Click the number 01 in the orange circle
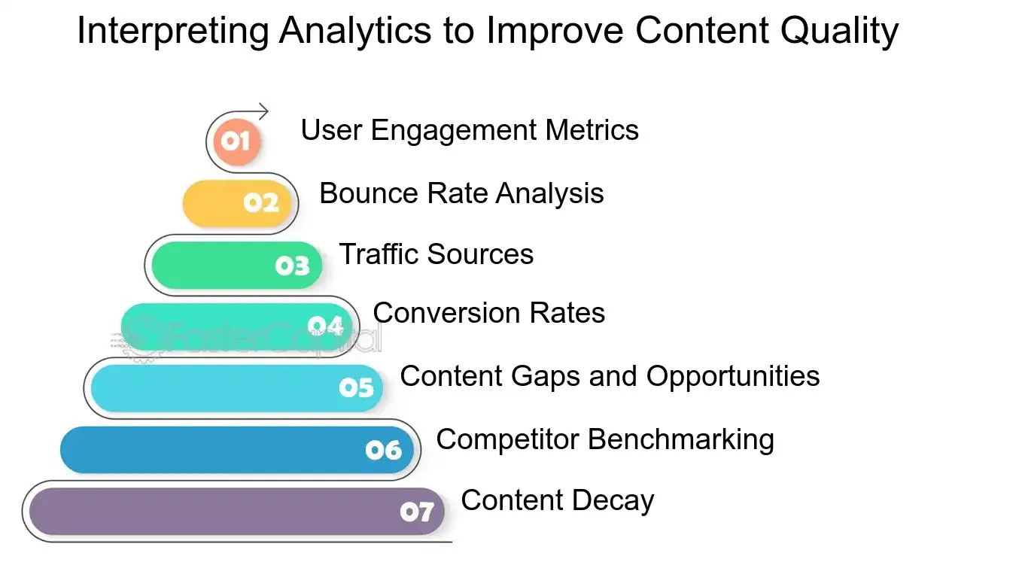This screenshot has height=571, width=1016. pyautogui.click(x=235, y=141)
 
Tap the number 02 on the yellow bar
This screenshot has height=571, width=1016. pyautogui.click(x=261, y=203)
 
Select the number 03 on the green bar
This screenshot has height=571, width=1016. pyautogui.click(x=292, y=266)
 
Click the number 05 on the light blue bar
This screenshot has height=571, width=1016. pyautogui.click(x=356, y=387)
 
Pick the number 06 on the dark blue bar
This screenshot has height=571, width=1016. pyautogui.click(x=384, y=450)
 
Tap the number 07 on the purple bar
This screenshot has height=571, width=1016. pyautogui.click(x=416, y=512)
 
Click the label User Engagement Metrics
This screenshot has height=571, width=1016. pyautogui.click(x=470, y=130)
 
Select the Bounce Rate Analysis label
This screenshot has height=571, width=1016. pyautogui.click(x=461, y=193)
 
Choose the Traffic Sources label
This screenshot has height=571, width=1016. pyautogui.click(x=436, y=254)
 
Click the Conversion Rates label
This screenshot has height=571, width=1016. pyautogui.click(x=488, y=313)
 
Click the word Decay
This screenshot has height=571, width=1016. pyautogui.click(x=622, y=500)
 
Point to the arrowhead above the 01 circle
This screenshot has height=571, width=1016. pyautogui.click(x=263, y=112)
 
